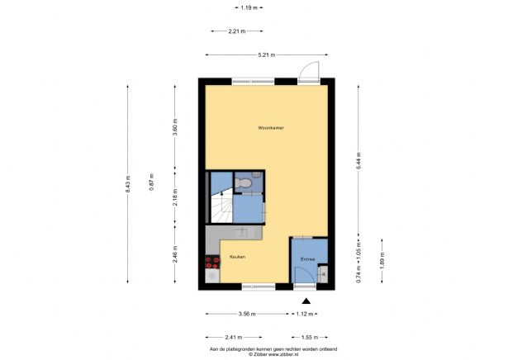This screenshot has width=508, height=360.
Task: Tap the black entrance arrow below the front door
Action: [x=307, y=301]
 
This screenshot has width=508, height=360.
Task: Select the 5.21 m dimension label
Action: [x=266, y=54]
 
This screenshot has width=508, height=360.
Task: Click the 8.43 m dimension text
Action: [x=129, y=186]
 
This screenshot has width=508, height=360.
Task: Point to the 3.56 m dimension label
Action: [x=245, y=315]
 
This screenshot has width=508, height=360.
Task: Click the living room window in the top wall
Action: [x=253, y=80]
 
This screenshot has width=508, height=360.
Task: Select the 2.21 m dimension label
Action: [x=235, y=31]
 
